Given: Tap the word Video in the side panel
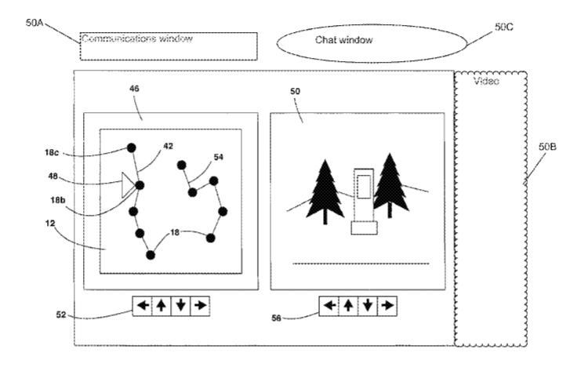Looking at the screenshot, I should pos(487,82).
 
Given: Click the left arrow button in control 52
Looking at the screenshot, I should pos(142,304).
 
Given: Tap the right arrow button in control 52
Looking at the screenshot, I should pos(200,304).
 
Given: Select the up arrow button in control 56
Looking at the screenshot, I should pos(349,305).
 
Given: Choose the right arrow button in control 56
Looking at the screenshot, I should pos(387,305).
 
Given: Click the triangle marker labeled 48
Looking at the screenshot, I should pos(125,185).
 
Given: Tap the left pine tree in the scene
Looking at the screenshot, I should pos(324,191).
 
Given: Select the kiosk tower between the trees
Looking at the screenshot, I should pos(363,200).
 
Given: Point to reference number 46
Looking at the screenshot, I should pos(135,90).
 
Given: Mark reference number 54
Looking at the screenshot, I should pos(218,157).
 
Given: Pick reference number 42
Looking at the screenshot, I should pos(169,146).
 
